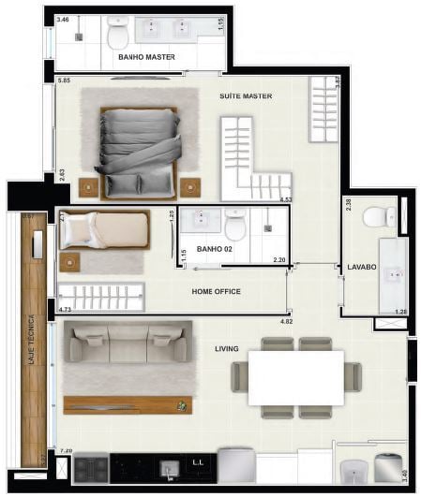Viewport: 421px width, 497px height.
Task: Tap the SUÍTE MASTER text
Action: click(246, 95)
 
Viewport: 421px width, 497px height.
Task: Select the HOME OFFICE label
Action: click(216, 292)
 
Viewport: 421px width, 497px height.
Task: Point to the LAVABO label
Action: click(361, 267)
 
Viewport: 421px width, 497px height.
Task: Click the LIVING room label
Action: click(226, 349)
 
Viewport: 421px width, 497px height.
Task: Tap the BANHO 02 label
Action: click(215, 249)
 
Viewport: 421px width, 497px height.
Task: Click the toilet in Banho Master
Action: click(118, 35)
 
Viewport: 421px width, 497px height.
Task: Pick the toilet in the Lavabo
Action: click(379, 216)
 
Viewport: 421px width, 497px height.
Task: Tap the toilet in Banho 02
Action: click(234, 224)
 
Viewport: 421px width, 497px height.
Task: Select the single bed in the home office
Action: click(103, 229)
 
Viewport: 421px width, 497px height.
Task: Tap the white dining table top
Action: click(295, 377)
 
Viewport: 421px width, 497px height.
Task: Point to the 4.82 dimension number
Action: click(287, 321)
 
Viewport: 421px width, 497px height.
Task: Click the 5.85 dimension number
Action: click(64, 81)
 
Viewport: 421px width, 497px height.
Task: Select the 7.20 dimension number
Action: click(66, 451)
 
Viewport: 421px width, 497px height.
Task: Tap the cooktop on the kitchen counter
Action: click(91, 467)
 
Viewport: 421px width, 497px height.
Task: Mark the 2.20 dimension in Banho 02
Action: click(278, 259)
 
